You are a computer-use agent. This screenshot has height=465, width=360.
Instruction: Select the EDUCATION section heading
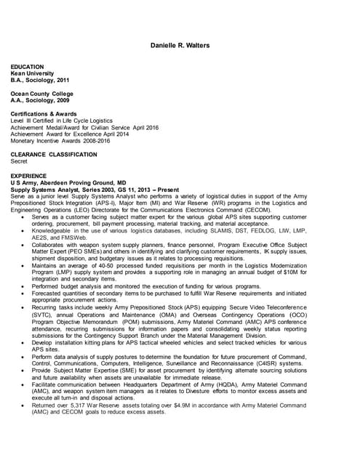coord(28,67)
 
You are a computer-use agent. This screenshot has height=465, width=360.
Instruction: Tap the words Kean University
coord(32,74)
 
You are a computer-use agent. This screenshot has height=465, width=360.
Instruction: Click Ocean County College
coord(42,94)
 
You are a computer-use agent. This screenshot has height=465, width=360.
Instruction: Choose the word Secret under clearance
coord(19,161)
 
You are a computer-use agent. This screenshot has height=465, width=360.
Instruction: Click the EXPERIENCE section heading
coord(28,175)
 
